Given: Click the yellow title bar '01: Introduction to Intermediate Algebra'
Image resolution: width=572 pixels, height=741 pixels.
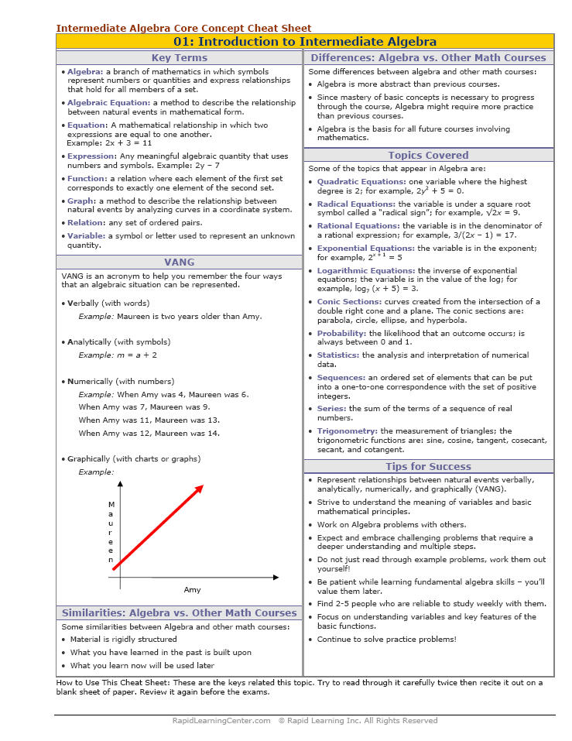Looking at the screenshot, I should coord(305,42).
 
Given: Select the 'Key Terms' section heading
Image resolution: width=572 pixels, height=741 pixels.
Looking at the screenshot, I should coord(179,58).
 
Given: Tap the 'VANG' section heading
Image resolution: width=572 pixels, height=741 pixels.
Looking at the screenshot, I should coord(179,262).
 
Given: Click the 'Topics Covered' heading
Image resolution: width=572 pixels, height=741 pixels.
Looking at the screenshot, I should coord(428,156).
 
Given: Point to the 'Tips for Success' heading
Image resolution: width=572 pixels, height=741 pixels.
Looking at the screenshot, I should coord(428,467).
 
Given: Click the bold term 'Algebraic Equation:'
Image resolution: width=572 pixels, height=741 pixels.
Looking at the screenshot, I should coord(108,102).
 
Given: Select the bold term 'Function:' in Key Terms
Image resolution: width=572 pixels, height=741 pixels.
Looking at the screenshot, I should coord(87,178).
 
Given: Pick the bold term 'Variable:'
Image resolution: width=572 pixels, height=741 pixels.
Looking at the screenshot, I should coord(86,236).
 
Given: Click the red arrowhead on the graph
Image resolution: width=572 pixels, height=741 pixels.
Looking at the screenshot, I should coord(199,489).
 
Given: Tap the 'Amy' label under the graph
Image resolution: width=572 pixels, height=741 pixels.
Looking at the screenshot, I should coord(192,590).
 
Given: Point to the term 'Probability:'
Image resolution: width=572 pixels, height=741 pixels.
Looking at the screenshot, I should coord(341,334).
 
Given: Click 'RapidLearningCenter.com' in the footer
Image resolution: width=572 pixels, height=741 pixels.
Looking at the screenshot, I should coord(221,721).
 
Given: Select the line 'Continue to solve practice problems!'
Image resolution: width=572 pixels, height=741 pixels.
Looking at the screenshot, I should coord(386,640).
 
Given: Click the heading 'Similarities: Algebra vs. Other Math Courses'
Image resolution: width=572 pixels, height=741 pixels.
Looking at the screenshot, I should coord(179,613).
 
